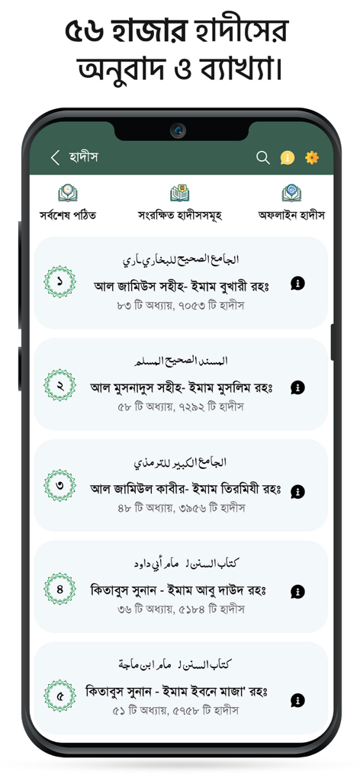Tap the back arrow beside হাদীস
pyautogui.click(x=55, y=158)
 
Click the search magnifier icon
pyautogui.click(x=263, y=158)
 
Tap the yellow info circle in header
pyautogui.click(x=288, y=158)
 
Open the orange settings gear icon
pyautogui.click(x=312, y=158)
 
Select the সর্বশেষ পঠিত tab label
pyautogui.click(x=68, y=215)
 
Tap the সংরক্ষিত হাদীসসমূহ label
pyautogui.click(x=180, y=215)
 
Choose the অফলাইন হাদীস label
pyautogui.click(x=291, y=215)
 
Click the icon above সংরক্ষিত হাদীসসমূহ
pyautogui.click(x=180, y=193)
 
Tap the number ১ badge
pyautogui.click(x=59, y=282)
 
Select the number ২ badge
pyautogui.click(x=59, y=385)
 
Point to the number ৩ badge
pyautogui.click(x=59, y=486)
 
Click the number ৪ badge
pyautogui.click(x=59, y=589)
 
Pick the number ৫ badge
pyautogui.click(x=59, y=696)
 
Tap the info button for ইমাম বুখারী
pyautogui.click(x=297, y=284)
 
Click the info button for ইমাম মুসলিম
pyautogui.click(x=297, y=387)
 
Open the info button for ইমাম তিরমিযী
pyautogui.click(x=297, y=492)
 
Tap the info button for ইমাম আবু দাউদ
pyautogui.click(x=297, y=592)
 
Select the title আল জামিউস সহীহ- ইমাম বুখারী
pyautogui.click(x=182, y=286)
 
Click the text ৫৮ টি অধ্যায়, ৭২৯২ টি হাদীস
pyautogui.click(x=181, y=407)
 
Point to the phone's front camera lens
pyautogui.click(x=178, y=130)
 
